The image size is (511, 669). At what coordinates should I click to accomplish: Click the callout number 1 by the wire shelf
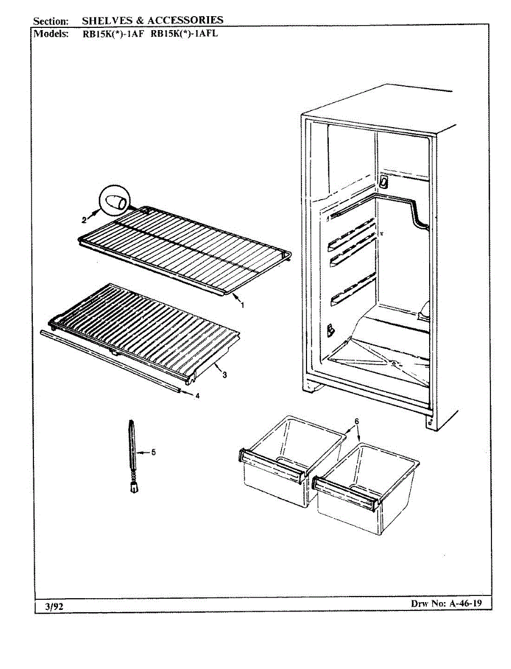pos(242,305)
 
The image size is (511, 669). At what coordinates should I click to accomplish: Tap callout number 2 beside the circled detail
pos(85,219)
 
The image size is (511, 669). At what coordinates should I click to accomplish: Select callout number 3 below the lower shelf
pos(225,375)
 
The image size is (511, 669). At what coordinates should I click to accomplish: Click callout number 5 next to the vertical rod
pos(153,452)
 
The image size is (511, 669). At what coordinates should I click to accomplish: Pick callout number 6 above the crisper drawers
pos(357,420)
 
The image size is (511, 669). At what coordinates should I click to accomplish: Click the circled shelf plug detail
pos(115,202)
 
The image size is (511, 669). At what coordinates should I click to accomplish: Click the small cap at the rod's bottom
pos(134,488)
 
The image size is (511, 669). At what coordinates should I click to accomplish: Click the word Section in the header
pos(51,21)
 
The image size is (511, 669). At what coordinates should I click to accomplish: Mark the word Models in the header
pos(51,33)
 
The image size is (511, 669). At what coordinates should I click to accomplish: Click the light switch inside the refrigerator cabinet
pos(383,182)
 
